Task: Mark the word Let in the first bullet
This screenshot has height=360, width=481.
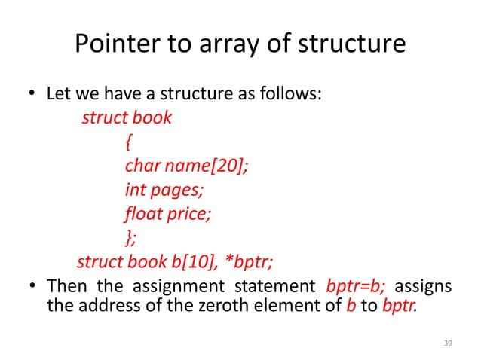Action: pyautogui.click(x=59, y=96)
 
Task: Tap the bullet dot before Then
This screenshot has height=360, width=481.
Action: pyautogui.click(x=32, y=287)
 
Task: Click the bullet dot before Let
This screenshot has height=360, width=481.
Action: pyautogui.click(x=32, y=96)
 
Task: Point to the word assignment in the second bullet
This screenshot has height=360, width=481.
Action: pyautogui.click(x=170, y=287)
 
